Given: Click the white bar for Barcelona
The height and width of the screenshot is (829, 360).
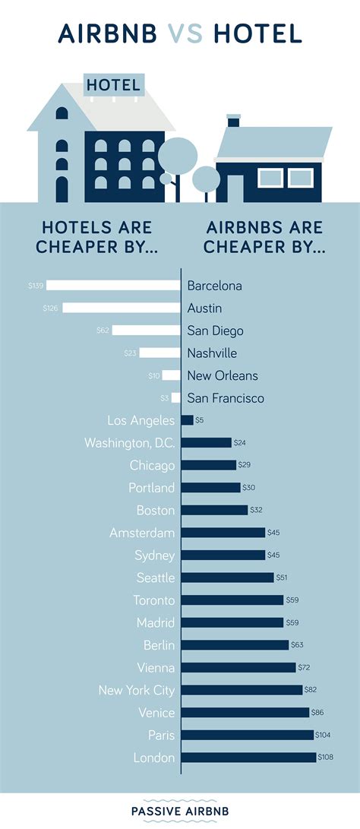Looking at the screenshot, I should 113,286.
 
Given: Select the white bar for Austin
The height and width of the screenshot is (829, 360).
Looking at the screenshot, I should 122,308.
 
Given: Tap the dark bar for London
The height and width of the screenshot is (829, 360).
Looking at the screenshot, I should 248,758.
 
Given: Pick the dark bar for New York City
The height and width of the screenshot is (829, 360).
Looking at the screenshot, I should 242,690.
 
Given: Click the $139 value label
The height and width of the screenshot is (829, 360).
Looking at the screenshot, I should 35,286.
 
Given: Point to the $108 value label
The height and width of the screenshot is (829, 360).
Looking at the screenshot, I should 326,758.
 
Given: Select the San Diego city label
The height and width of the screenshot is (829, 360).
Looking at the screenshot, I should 216,331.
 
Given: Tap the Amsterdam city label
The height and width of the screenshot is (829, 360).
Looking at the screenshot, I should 142,533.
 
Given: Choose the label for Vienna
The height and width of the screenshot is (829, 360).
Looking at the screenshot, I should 156,668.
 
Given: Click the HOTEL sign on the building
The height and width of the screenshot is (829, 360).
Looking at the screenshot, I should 113,85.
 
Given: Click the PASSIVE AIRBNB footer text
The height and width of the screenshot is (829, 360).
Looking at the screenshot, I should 180,810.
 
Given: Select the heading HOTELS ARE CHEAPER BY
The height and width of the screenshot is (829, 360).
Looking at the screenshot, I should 96,237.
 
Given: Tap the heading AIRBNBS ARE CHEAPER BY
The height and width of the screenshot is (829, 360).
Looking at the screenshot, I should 264,237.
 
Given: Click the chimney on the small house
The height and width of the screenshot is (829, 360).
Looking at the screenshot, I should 233,121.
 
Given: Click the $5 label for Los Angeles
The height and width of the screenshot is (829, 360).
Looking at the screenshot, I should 200,420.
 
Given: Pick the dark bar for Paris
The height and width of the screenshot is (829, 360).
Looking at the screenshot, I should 248,735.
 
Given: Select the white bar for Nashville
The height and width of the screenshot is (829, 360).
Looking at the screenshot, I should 157,353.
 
